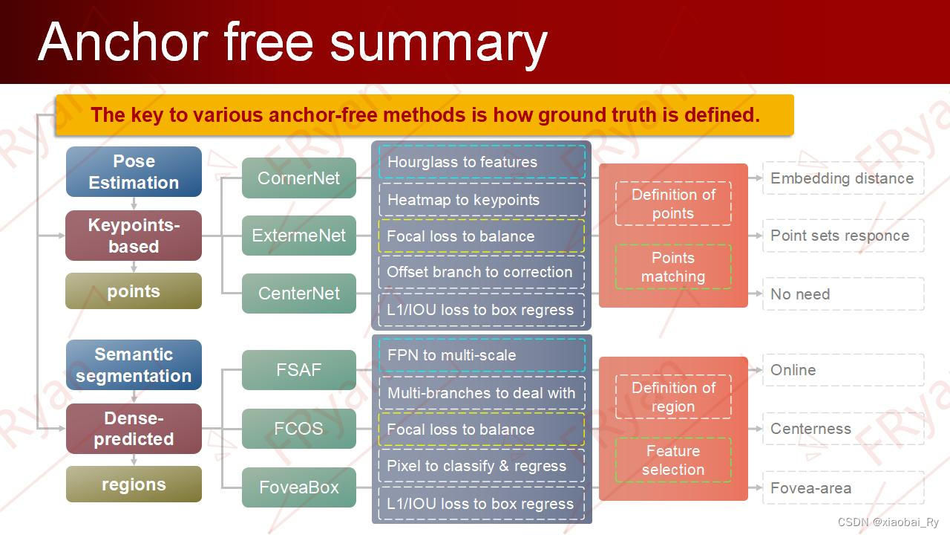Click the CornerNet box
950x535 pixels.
coord(298,178)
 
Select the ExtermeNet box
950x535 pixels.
coord(298,236)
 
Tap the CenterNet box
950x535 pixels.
coord(298,294)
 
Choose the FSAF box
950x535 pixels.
coord(298,369)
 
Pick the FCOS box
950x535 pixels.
coord(298,429)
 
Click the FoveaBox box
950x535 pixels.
coord(298,487)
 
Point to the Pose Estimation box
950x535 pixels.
coord(134,172)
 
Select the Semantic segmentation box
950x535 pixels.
coord(134,365)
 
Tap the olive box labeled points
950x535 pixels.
coord(134,291)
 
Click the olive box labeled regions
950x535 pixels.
coord(134,484)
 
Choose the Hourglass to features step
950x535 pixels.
coord(482,162)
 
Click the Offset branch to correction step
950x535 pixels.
coord(482,272)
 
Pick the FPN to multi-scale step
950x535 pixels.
coord(482,355)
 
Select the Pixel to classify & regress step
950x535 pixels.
coord(482,466)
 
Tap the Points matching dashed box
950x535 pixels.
coord(673,267)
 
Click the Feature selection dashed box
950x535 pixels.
coord(673,460)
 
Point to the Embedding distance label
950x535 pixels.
coord(842,178)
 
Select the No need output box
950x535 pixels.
coord(842,294)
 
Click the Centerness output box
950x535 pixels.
coord(842,429)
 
